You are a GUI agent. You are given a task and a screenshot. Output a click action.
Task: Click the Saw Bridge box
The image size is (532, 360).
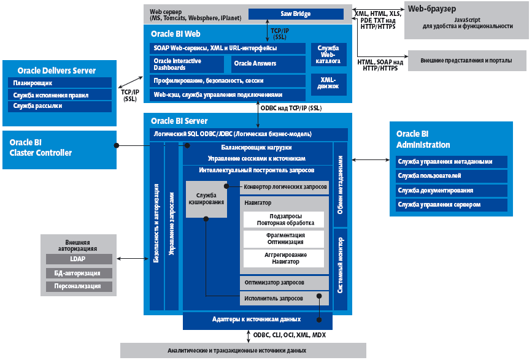(296, 13)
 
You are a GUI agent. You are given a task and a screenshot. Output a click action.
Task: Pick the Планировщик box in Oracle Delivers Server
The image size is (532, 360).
(60, 83)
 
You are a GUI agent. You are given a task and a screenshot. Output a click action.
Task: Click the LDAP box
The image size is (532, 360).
(79, 259)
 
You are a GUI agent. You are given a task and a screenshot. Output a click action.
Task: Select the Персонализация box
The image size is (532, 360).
(79, 286)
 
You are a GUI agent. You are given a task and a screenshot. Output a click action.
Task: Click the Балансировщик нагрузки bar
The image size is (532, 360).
(256, 148)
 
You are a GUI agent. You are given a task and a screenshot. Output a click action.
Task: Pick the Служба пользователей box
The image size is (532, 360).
(452, 176)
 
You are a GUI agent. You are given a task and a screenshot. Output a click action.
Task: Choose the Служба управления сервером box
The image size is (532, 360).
(452, 204)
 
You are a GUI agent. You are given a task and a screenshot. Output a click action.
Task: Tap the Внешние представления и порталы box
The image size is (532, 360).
(464, 61)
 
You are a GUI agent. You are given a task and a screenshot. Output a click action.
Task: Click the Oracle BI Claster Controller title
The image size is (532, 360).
(40, 148)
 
